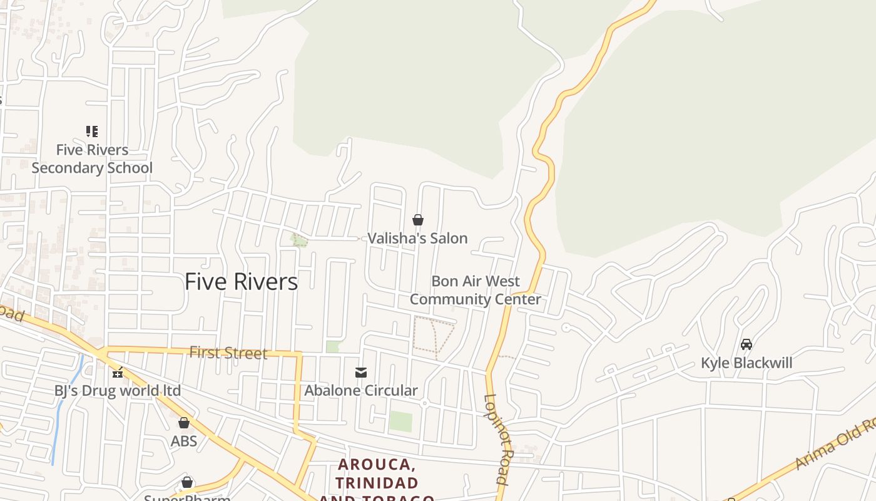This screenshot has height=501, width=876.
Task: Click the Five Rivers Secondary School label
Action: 92,159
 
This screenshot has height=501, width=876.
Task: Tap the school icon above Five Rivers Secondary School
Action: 92,132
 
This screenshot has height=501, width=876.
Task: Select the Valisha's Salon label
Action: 417,238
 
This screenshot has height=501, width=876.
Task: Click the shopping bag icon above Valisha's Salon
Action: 418,220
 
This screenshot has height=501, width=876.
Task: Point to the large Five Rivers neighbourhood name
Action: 241,282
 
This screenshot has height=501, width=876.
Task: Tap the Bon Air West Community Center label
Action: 476,290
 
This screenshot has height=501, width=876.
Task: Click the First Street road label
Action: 228,353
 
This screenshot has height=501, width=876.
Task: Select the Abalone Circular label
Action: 361,391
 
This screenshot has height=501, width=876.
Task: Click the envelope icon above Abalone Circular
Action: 361,373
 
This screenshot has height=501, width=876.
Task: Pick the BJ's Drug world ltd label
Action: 118,391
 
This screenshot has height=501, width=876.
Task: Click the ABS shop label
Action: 184,441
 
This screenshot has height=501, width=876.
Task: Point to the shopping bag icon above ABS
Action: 184,423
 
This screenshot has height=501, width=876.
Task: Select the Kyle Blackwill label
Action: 746,363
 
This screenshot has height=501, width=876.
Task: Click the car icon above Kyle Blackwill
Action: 746,344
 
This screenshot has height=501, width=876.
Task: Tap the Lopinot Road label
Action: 496,438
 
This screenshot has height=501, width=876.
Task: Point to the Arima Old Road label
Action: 835,445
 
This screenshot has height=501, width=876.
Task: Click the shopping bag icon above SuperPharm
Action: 186,482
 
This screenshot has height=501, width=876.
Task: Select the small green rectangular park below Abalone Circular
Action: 400,421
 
